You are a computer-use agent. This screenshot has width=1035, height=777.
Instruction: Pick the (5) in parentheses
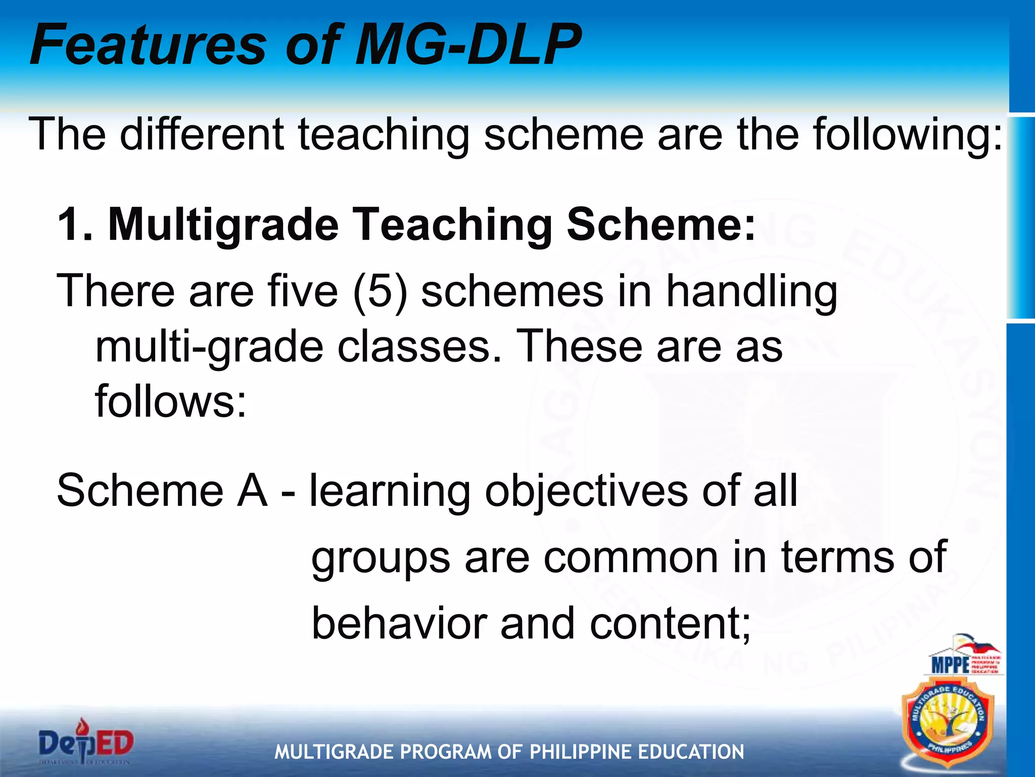pos(380,292)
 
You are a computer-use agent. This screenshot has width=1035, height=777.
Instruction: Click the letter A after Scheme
pos(252,490)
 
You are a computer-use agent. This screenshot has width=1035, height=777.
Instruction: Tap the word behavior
pos(399,623)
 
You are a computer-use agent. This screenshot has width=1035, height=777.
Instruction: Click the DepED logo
pos(86,743)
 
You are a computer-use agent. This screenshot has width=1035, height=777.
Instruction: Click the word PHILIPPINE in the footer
pos(581,752)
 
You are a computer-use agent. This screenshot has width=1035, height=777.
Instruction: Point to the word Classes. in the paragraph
pos(420,348)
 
